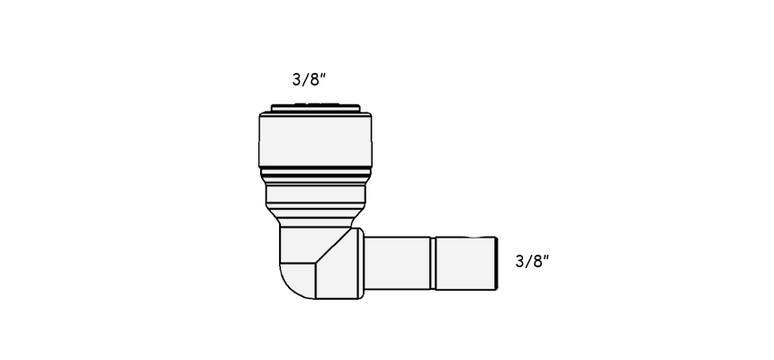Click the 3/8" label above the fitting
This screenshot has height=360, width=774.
tap(309, 79)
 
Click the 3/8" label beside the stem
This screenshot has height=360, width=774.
tap(532, 261)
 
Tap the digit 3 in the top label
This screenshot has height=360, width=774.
tap(297, 79)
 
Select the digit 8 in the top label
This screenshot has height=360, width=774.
tap(314, 79)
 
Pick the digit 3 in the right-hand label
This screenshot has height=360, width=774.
tap(520, 261)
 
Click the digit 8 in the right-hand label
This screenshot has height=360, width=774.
tap(537, 261)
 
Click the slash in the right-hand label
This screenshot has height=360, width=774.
tap(528, 262)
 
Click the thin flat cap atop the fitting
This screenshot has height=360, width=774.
tap(315, 108)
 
